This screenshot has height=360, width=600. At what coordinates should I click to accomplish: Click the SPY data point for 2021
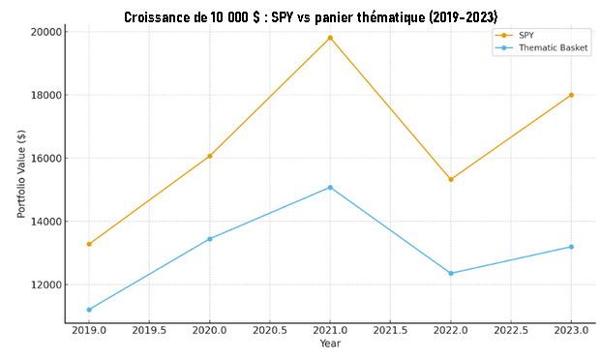330,38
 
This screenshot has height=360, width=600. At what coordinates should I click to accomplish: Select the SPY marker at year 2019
89,244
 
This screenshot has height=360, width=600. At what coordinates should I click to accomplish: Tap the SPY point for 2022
451,179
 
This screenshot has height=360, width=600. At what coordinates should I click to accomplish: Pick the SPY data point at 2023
571,95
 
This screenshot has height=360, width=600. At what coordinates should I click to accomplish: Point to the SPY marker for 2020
210,156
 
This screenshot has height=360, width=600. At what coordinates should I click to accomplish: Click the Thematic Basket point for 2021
330,188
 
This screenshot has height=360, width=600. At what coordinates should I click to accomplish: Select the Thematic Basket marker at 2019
89,310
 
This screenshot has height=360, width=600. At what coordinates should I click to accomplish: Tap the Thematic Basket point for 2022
451,273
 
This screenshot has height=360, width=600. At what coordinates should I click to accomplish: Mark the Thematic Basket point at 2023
571,247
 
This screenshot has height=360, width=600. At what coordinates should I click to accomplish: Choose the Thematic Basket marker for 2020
210,239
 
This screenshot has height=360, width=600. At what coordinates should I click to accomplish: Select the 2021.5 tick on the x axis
390,331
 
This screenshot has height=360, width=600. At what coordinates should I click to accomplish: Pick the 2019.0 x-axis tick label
89,331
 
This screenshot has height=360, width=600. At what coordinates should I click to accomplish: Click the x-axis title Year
330,345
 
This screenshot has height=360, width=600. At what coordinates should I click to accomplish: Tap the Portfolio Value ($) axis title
21,172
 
